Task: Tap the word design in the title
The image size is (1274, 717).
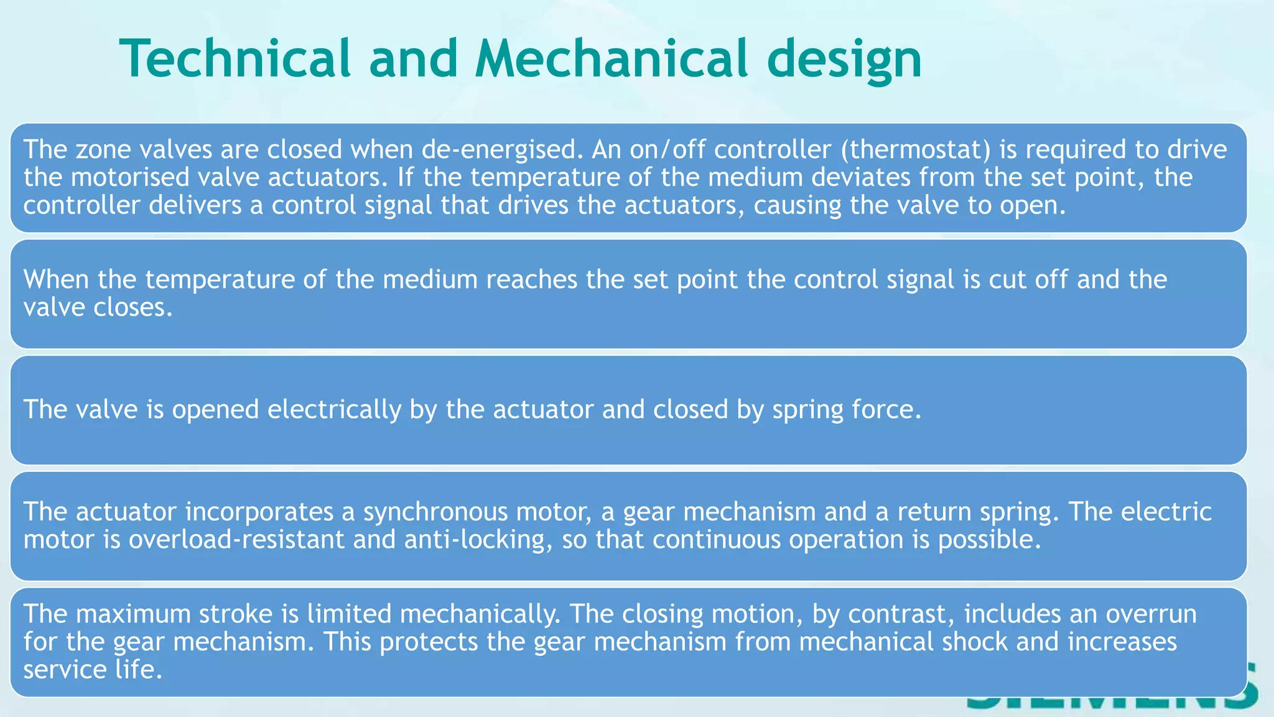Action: coord(844,60)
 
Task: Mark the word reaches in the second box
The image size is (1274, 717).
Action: coord(532,279)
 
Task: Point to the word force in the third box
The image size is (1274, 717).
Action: coord(886,410)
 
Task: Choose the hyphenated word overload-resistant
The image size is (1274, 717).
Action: coord(237,540)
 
